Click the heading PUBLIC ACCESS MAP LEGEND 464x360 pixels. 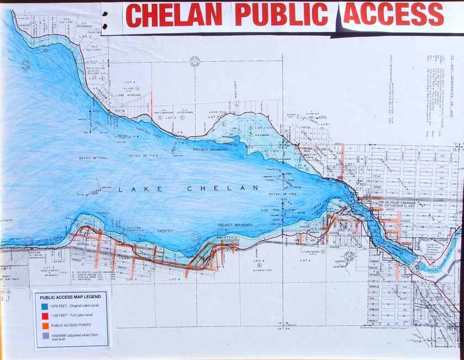(70, 297)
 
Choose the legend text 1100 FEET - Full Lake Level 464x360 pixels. (72, 316)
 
